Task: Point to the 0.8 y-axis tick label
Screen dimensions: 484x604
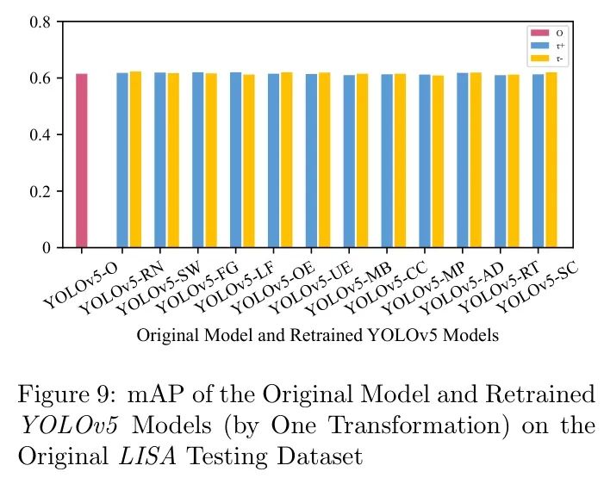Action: [x=40, y=22]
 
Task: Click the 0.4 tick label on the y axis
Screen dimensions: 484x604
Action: [x=40, y=135]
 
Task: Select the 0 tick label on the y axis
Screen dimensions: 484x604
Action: [x=47, y=248]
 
